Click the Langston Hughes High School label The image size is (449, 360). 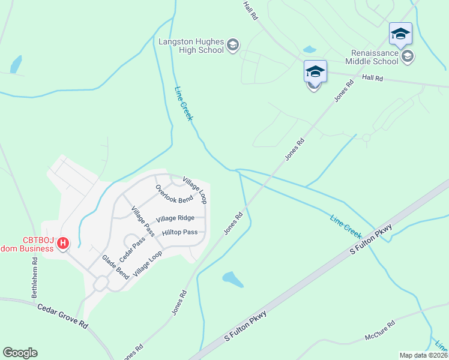pyautogui.click(x=191, y=46)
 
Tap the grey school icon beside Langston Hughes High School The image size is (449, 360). pyautogui.click(x=233, y=45)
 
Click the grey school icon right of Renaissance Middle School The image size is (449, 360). pyautogui.click(x=408, y=56)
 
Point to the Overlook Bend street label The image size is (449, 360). pyautogui.click(x=174, y=194)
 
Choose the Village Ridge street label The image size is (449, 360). pyautogui.click(x=175, y=218)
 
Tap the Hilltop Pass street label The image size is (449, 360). pyautogui.click(x=179, y=232)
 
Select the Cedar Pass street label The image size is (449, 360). pyautogui.click(x=132, y=250)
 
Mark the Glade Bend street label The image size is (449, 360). pyautogui.click(x=115, y=267)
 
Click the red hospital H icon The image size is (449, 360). pyautogui.click(x=64, y=244)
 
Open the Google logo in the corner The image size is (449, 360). pyautogui.click(x=20, y=353)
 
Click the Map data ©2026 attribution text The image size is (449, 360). pyautogui.click(x=423, y=355)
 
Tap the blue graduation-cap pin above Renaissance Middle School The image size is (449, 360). pyautogui.click(x=400, y=34)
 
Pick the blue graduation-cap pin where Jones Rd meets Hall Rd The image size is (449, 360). pyautogui.click(x=315, y=72)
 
